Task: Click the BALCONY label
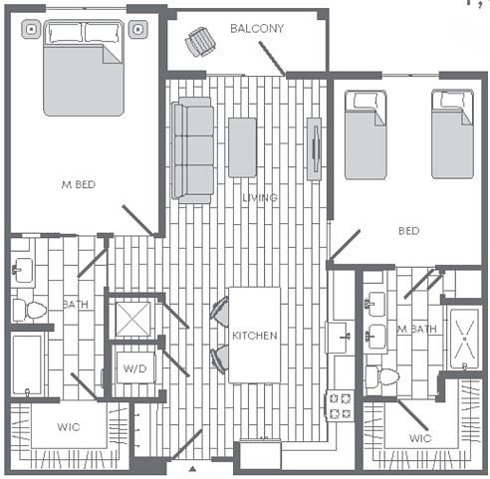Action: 257,29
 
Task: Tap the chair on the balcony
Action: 200,42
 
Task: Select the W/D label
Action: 134,368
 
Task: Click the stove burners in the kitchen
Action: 341,405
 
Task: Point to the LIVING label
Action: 260,198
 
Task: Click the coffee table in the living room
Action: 242,147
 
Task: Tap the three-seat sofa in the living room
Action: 192,150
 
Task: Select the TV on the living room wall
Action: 314,149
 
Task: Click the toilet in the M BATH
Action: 381,376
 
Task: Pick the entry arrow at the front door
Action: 192,469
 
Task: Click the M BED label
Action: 79,184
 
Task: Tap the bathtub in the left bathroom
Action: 27,364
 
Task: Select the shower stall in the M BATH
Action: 464,339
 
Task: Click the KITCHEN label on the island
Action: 255,336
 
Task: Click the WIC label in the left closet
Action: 69,427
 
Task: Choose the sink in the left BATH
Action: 23,270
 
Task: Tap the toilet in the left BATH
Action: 30,310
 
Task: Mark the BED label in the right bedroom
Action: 408,231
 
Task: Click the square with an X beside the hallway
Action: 133,319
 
